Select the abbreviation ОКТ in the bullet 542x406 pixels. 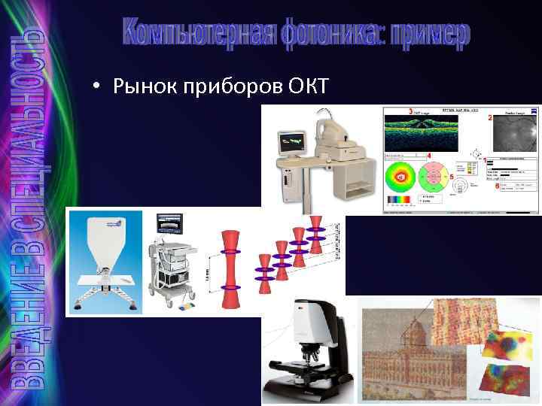point(308,87)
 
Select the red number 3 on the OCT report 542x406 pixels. point(410,112)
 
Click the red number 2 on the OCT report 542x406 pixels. point(491,118)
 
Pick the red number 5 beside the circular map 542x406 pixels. point(451,176)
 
